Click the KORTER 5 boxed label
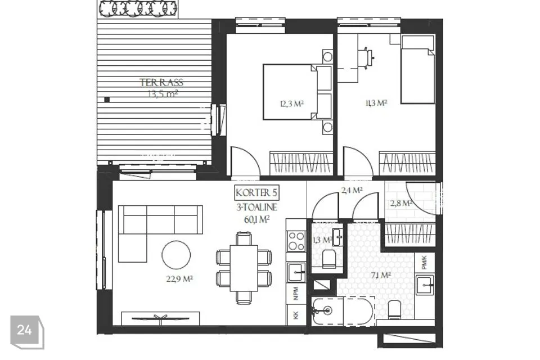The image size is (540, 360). [256, 193]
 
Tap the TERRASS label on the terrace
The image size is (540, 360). [161, 83]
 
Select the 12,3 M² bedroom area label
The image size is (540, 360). [292, 103]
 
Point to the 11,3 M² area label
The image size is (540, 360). [376, 103]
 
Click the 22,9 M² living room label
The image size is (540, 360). [179, 278]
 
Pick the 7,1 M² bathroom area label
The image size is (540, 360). [381, 275]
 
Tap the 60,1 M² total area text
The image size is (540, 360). [256, 219]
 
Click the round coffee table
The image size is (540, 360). [176, 255]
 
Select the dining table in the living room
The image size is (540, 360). [244, 268]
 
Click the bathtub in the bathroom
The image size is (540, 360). [343, 310]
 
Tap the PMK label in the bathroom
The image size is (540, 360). [424, 262]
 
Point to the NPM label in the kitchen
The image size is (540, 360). [296, 294]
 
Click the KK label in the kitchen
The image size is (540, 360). [296, 315]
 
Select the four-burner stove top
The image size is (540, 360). [296, 241]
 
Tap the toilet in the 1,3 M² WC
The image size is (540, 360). [329, 259]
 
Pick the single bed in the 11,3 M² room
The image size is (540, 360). [417, 70]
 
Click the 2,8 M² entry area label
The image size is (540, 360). [401, 203]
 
